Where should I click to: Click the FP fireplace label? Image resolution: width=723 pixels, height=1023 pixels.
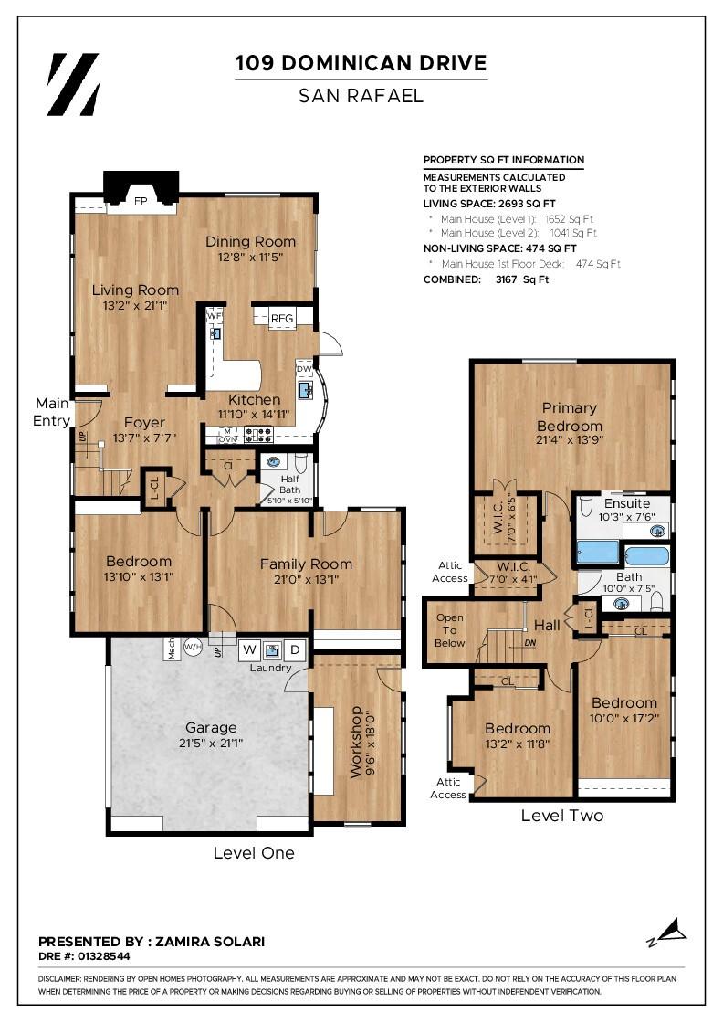(x=141, y=201)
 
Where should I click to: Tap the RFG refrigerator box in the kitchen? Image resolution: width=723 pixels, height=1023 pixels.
(x=282, y=319)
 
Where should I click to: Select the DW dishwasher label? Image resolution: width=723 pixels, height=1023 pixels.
(x=305, y=369)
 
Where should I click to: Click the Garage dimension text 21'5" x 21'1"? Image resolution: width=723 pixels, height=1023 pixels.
(x=211, y=743)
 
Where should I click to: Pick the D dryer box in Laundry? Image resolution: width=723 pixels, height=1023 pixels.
(x=295, y=649)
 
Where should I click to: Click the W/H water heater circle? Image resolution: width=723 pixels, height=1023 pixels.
(x=193, y=648)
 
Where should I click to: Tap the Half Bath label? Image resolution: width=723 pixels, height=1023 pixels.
(x=290, y=484)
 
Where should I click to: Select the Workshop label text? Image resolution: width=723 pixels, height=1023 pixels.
(x=356, y=742)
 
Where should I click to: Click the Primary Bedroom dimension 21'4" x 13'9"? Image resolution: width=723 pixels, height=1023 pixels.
(x=570, y=439)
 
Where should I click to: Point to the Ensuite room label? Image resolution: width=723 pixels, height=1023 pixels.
(x=626, y=503)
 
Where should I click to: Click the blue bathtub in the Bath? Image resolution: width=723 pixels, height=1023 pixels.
(x=646, y=556)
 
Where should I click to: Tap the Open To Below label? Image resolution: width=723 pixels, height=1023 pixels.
(x=450, y=629)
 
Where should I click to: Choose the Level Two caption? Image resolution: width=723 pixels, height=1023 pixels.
(x=562, y=815)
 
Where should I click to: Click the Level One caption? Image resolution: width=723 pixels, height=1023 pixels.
(x=254, y=853)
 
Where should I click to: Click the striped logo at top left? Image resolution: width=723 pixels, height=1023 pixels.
(x=73, y=84)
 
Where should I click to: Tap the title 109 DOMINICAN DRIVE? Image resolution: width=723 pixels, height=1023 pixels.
(x=361, y=63)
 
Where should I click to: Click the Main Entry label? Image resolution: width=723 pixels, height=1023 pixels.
(x=52, y=412)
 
